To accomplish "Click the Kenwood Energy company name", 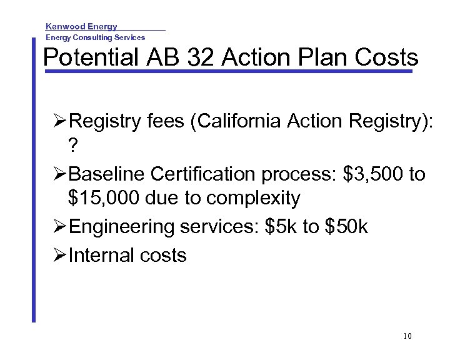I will [x=81, y=27].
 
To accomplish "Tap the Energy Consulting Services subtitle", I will [x=95, y=37].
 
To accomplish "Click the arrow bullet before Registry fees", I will [x=61, y=121].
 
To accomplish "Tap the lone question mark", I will [x=74, y=146].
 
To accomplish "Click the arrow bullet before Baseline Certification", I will [x=61, y=174].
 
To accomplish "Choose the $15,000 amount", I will [x=103, y=199].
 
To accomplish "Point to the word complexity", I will [x=253, y=199].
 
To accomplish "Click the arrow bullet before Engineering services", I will [x=61, y=227].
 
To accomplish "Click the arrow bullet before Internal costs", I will [x=61, y=255].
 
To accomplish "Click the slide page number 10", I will [x=407, y=337].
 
